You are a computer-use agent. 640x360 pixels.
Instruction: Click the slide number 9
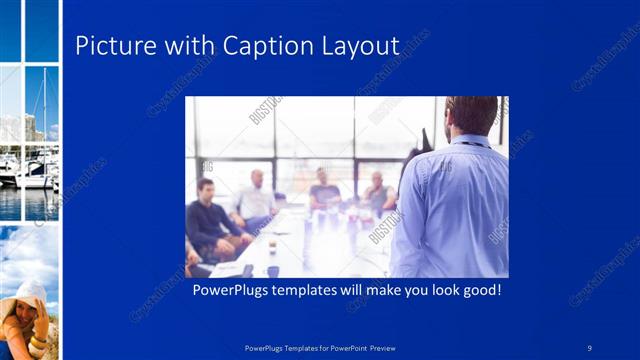[589, 347]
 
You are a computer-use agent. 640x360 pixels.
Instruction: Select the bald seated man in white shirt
[255, 200]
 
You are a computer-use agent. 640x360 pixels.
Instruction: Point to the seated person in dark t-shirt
[322, 195]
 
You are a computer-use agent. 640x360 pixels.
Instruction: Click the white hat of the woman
[30, 293]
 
